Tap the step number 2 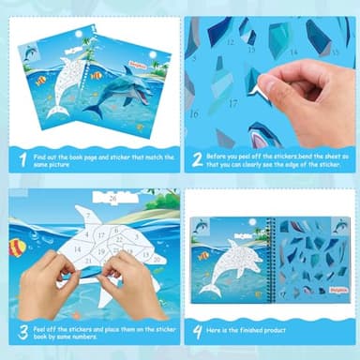pyautogui.click(x=197, y=158)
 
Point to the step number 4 pyautogui.click(x=197, y=331)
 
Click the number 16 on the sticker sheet pyautogui.click(x=194, y=113)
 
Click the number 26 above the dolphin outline pyautogui.click(x=112, y=199)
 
